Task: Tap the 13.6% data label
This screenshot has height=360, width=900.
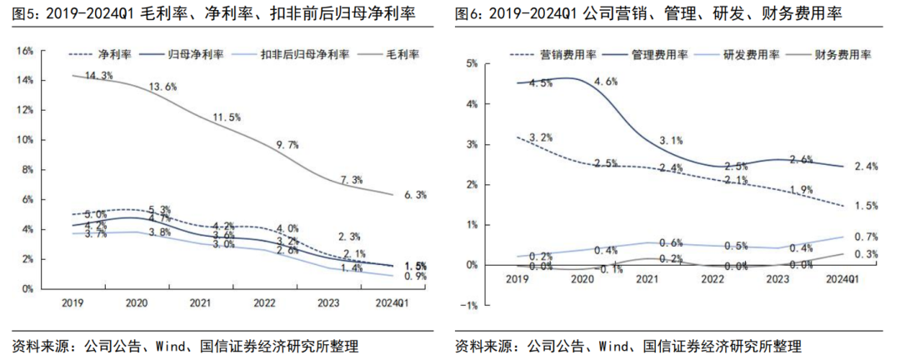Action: click(162, 87)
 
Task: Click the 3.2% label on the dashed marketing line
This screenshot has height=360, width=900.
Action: click(539, 137)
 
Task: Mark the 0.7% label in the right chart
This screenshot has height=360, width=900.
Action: click(867, 237)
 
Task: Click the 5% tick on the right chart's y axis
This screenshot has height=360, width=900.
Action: click(472, 63)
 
